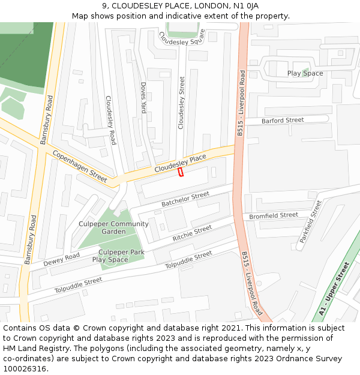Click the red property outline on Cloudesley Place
pyautogui.click(x=180, y=172)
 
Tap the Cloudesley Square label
pyautogui.click(x=182, y=38)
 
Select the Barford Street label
pyautogui.click(x=283, y=121)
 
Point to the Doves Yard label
pyautogui.click(x=143, y=98)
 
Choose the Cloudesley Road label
pyautogui.click(x=110, y=120)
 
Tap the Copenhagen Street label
pyautogui.click(x=79, y=166)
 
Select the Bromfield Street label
pyautogui.click(x=274, y=215)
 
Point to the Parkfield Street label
pyautogui.click(x=310, y=221)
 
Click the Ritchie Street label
pyautogui.click(x=192, y=233)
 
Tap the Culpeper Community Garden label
pyautogui.click(x=113, y=228)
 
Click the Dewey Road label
pyautogui.click(x=61, y=259)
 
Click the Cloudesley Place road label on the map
pyautogui.click(x=180, y=163)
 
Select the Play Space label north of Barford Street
pyautogui.click(x=305, y=73)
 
